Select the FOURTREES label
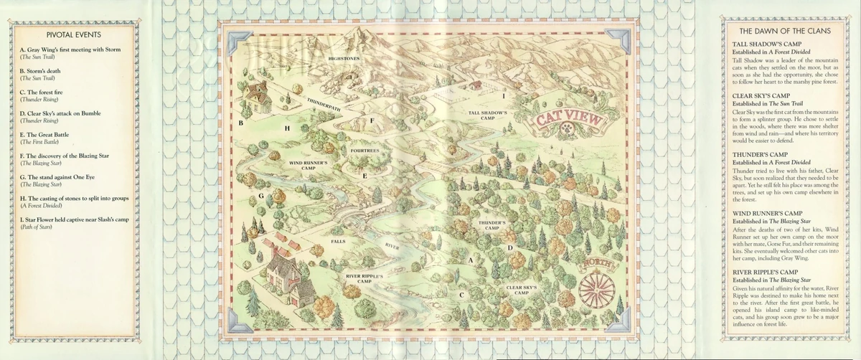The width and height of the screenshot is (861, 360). coord(364,151)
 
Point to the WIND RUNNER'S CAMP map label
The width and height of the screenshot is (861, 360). coord(308,166)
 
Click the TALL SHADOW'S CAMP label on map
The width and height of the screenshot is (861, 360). coord(488,115)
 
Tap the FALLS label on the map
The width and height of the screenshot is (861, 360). coord(338,242)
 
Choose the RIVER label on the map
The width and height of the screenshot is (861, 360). coord(392,245)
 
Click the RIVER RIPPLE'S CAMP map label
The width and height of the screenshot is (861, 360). coord(367,278)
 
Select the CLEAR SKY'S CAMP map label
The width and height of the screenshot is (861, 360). coord(522,290)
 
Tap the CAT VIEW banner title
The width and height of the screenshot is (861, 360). coord(567,122)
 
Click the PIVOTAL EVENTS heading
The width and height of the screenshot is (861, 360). coord(73,34)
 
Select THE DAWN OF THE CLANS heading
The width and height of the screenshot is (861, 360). coord(785,31)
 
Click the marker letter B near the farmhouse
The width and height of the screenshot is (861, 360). coord(241,123)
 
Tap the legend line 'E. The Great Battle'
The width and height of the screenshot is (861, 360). coord(54,134)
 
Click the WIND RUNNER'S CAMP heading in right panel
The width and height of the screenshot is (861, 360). coord(767,214)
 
